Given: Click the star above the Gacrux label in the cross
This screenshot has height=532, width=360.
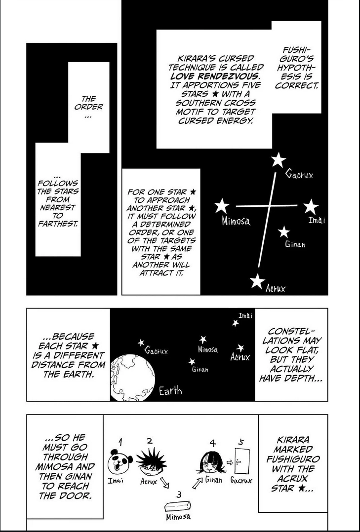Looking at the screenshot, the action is click(279, 160).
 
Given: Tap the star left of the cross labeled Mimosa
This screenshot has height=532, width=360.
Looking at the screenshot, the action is click(222, 206).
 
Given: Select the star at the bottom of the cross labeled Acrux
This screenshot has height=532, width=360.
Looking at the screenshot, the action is click(257, 281).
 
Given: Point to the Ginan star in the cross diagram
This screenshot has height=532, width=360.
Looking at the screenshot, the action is click(284, 232).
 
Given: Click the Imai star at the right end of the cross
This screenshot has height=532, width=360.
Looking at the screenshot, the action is click(311, 207).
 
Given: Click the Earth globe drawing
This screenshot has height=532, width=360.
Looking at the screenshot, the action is click(133, 378).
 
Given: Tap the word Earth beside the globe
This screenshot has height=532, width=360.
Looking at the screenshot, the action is click(170, 391).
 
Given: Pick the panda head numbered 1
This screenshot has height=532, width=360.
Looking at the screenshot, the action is click(120, 461).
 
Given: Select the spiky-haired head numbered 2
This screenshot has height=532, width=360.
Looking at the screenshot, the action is click(152, 462).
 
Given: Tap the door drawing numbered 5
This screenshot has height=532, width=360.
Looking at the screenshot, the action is click(242, 460).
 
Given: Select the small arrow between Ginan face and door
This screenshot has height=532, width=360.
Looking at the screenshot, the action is click(230, 461).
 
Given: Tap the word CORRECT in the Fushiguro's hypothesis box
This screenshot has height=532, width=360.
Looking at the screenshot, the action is click(297, 85).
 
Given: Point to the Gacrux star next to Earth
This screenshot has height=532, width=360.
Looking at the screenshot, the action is click(141, 342).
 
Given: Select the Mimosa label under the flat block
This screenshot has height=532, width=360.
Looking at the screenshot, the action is click(178, 517).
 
